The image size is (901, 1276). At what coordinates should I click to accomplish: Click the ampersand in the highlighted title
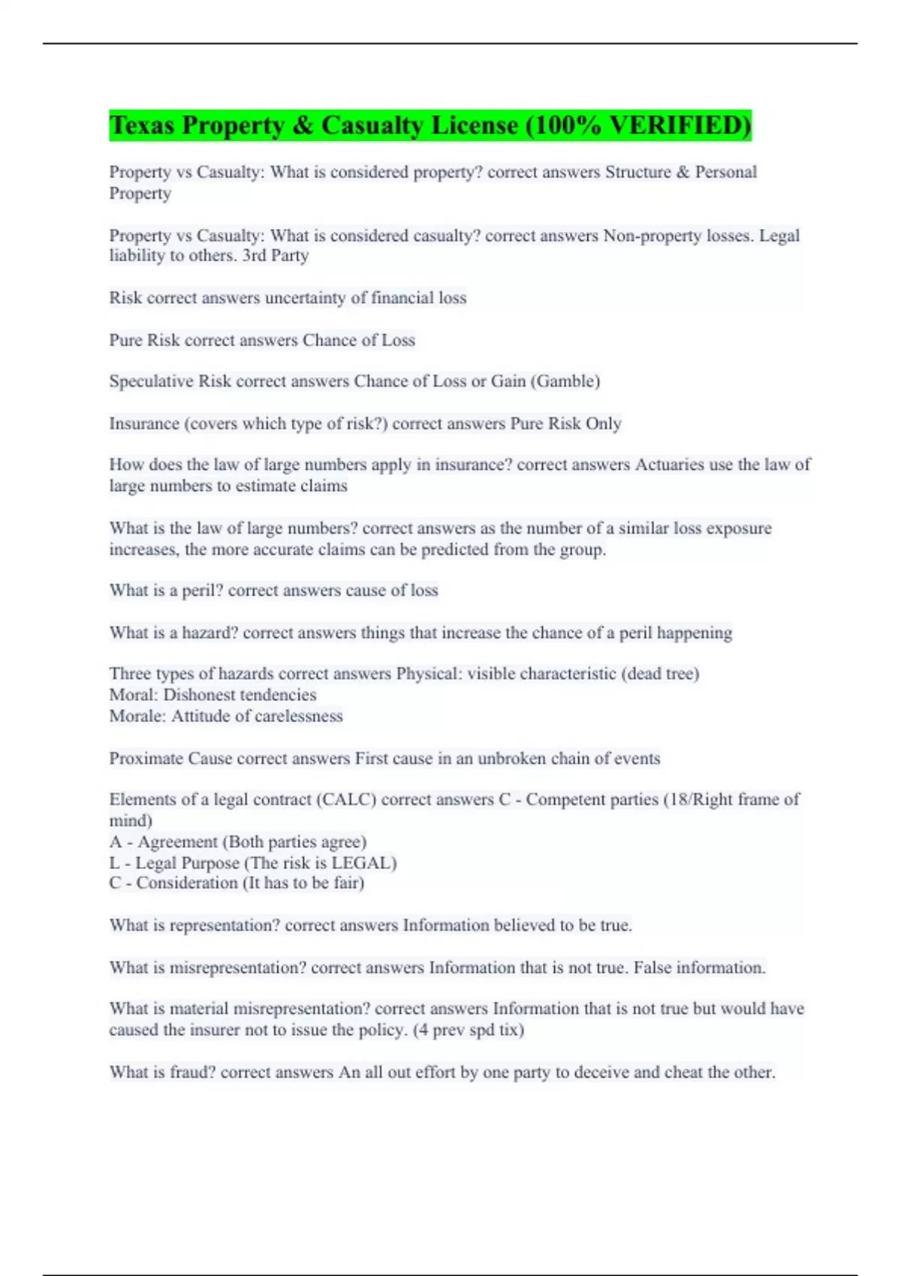pos(302,125)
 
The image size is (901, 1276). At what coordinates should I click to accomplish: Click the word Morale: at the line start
pos(137,716)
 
